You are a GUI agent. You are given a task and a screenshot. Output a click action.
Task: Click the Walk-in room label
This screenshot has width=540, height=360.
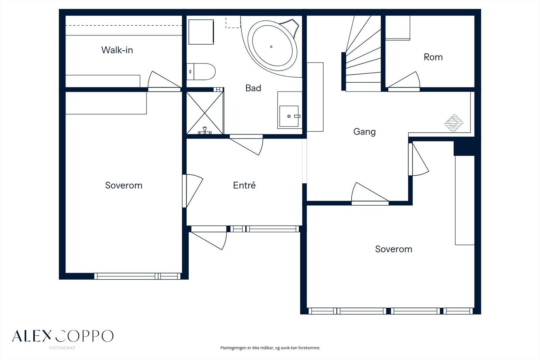coord(117,50)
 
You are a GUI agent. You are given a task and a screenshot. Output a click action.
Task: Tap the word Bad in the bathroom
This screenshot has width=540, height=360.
coord(253,88)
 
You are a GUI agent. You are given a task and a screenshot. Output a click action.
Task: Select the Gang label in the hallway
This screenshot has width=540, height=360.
coord(364,132)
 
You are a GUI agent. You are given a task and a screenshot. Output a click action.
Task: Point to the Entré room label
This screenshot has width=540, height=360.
coord(244,185)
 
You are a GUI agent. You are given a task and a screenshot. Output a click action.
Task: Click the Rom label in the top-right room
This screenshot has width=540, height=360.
coord(433,57)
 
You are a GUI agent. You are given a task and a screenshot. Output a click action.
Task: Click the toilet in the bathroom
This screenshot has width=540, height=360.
coord(201,72)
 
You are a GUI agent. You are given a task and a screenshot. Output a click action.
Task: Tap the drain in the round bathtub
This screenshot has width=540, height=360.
coord(271,47)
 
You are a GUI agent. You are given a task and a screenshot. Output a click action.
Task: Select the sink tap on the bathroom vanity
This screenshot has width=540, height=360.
coord(297,116)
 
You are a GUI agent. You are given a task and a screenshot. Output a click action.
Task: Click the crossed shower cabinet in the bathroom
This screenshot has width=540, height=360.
coord(205,113)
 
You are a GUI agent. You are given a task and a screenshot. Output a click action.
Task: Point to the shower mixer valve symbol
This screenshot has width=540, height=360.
coord(205,131)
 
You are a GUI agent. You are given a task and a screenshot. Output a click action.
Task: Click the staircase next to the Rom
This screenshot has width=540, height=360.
coord(363,54)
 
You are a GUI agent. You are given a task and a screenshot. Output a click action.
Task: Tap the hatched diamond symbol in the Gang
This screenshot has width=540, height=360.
coord(454,123)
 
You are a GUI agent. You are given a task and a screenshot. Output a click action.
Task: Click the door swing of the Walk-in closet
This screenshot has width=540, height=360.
coord(164,80)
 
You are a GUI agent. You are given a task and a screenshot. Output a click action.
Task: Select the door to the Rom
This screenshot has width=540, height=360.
coord(404,80)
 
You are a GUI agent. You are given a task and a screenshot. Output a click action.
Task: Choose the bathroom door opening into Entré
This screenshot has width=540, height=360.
coord(246,145)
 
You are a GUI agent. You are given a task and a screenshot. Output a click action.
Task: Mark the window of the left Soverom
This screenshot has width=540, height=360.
coord(137,276)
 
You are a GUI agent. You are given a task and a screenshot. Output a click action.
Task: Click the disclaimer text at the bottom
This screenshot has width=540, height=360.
coord(270,348)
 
